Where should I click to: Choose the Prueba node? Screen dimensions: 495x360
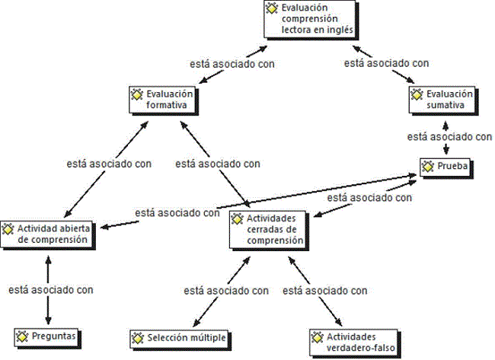(x=446, y=168)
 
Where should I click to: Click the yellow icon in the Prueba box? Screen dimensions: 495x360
(x=428, y=166)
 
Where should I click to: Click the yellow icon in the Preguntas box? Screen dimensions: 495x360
(x=22, y=336)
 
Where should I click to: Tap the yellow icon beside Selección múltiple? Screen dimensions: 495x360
(x=138, y=338)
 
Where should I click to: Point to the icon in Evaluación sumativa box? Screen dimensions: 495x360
(x=417, y=94)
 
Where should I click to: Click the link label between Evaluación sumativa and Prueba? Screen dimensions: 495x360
(x=449, y=137)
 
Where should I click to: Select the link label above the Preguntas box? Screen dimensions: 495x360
(x=51, y=290)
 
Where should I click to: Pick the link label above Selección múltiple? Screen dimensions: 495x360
(x=226, y=291)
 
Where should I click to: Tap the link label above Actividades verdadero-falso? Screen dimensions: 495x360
(x=325, y=291)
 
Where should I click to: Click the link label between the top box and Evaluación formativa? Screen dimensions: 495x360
(x=232, y=64)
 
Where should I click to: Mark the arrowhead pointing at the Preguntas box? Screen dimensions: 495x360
(x=48, y=320)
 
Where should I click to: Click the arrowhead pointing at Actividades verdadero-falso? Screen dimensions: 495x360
(x=338, y=322)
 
